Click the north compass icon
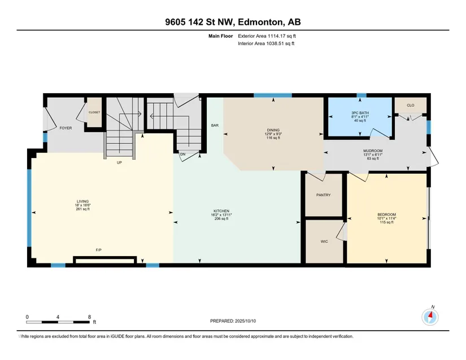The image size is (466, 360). pyautogui.click(x=430, y=317)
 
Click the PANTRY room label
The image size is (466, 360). pyautogui.click(x=323, y=195)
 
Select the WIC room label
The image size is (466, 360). pyautogui.click(x=324, y=242)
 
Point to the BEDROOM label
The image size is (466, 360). pyautogui.click(x=387, y=214)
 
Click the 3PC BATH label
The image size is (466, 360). pyautogui.click(x=360, y=113)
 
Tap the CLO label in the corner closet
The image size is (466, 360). pyautogui.click(x=411, y=106)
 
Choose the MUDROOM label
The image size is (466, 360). pyautogui.click(x=373, y=151)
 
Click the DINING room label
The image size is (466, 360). pyautogui.click(x=273, y=130)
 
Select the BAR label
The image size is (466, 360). pyautogui.click(x=215, y=125)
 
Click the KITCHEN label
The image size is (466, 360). pyautogui.click(x=221, y=211)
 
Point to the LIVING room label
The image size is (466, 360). pyautogui.click(x=82, y=201)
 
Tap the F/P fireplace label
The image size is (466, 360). pyautogui.click(x=99, y=250)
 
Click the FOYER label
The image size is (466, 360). pyautogui.click(x=66, y=128)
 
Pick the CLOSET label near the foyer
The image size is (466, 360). pyautogui.click(x=94, y=112)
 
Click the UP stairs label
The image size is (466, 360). pyautogui.click(x=119, y=163)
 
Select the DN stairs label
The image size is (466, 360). pyautogui.click(x=183, y=155)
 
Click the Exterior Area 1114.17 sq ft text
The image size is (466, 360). pyautogui.click(x=267, y=36)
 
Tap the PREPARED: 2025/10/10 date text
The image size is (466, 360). pyautogui.click(x=233, y=321)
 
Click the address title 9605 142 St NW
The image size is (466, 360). pyautogui.click(x=200, y=22)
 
